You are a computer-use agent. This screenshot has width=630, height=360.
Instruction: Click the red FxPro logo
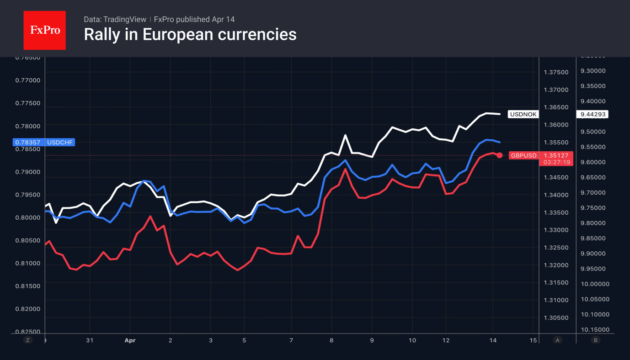coord(44,31)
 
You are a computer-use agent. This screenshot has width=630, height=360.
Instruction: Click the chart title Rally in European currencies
coord(190,34)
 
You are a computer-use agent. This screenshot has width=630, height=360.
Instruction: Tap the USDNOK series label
coord(523,114)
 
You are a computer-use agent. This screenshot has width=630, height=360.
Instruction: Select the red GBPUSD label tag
coord(523,155)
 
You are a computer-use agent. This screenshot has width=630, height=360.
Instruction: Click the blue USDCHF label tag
coord(60,143)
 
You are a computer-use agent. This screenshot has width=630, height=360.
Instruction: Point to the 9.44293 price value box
coord(592,114)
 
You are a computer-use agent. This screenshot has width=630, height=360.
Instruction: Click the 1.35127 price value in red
coord(556,155)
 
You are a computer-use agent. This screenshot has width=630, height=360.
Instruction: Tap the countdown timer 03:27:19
coord(556,162)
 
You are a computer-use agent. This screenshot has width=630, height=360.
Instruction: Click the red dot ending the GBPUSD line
coord(500,155)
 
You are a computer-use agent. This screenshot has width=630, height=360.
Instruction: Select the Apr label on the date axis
coord(130,340)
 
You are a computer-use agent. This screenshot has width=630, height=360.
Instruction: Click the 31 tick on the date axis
coord(90,340)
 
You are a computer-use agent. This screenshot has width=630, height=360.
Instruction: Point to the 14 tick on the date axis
coord(493,340)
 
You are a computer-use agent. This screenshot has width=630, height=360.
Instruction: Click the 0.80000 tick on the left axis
coord(28,217)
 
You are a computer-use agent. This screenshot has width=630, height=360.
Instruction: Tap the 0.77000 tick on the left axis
coord(28,80)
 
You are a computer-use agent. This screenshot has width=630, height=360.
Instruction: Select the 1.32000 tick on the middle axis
coord(556,265)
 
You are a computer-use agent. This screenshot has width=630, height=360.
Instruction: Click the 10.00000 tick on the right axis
coord(595,284)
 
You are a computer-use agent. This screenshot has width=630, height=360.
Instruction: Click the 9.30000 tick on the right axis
coord(593,71)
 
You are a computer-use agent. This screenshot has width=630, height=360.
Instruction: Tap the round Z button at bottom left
coord(28,340)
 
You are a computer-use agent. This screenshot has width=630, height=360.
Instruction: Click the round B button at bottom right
coord(595,340)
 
